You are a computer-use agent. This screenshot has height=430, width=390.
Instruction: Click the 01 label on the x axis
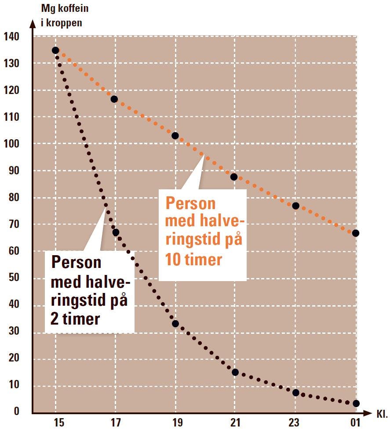click(355, 423)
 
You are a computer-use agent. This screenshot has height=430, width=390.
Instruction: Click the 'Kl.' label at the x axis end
click(381, 414)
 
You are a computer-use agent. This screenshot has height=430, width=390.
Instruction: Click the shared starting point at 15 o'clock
click(55, 51)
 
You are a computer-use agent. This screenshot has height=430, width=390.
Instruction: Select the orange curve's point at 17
click(114, 99)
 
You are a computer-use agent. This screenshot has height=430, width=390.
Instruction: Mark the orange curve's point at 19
click(175, 136)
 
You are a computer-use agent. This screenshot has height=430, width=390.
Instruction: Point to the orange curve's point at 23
click(295, 206)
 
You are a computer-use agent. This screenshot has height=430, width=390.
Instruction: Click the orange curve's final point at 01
click(356, 233)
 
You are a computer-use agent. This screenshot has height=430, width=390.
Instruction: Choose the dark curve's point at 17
click(116, 232)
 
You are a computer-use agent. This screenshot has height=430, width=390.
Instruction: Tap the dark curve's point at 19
click(175, 324)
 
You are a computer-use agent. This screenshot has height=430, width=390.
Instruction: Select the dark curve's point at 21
click(235, 372)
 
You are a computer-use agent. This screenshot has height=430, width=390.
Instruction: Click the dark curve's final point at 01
click(356, 403)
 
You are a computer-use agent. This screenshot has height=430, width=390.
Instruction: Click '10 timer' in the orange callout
click(193, 260)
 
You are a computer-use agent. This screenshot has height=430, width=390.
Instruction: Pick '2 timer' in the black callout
click(75, 318)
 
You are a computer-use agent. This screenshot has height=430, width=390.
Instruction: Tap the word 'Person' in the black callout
click(77, 262)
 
